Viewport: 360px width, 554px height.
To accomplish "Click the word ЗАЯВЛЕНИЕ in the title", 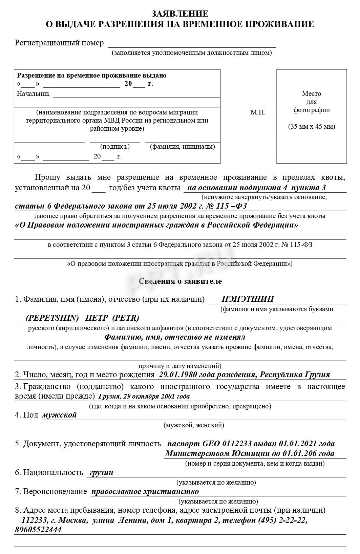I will pos(179,14).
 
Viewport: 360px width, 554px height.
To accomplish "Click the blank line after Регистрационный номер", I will pos(192,44).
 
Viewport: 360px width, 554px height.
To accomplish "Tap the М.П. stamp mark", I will pos(258,112).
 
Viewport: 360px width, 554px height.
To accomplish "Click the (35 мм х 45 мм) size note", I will pos(312,127).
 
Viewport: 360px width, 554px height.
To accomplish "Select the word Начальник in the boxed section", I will pos(33,94).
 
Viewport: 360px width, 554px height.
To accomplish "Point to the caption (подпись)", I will pos(115,147).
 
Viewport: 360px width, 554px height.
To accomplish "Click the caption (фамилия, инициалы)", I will pos(182,147).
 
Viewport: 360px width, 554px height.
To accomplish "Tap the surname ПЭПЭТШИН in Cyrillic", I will pos(248,299).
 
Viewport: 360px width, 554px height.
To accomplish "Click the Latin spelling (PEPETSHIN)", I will pos(52,318).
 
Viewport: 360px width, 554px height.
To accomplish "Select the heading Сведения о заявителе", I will pos(180,281).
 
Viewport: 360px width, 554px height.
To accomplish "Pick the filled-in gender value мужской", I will pos(60,415).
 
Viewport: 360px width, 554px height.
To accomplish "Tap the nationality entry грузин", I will pos(102,473).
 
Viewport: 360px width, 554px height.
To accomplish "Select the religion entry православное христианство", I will pos(145,492).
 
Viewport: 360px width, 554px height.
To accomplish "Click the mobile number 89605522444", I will pos(38,530).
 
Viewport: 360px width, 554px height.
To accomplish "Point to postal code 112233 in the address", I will pos(33,520).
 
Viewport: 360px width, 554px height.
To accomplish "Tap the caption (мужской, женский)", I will pos(193,425).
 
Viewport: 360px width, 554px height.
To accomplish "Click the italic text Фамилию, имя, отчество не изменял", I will pos(174,337).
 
